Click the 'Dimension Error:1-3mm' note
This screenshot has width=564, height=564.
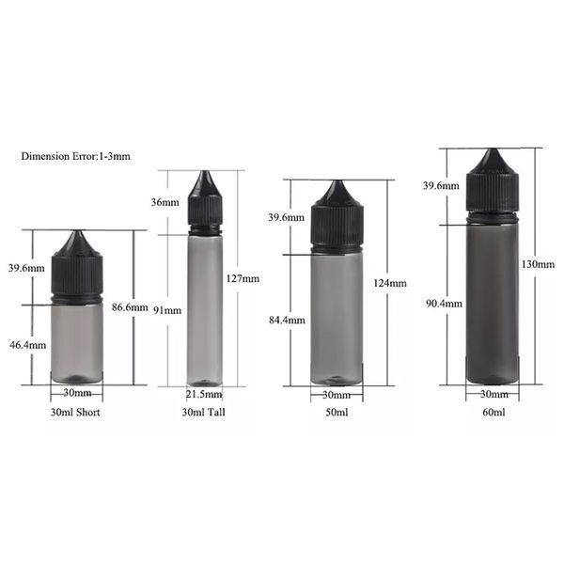coord(75,156)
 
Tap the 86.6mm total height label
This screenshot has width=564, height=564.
coord(130,307)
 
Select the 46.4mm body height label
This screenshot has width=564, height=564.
coord(27,345)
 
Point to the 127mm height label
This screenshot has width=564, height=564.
coord(243,279)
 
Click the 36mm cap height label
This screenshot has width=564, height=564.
coord(165,202)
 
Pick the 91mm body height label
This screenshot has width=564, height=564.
coord(167,310)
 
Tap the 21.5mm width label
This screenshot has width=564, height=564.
coord(204,395)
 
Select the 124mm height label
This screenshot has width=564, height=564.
coord(390,283)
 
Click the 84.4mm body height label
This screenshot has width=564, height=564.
coord(287,321)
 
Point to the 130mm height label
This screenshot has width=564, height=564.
coord(538,264)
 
